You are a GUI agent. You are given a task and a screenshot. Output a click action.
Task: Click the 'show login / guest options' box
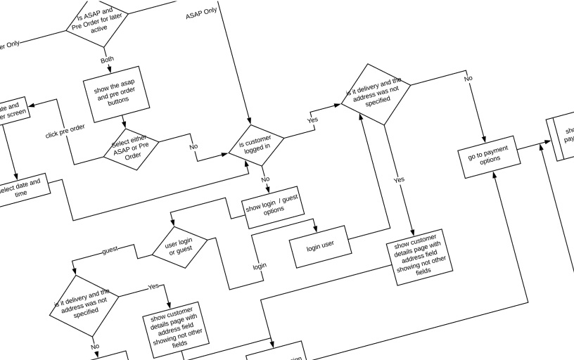click(272, 209)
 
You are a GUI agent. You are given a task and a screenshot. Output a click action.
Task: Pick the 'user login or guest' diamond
click(180, 246)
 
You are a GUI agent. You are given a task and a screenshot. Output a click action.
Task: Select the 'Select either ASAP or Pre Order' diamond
click(132, 149)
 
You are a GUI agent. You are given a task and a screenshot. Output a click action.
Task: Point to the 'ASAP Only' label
click(201, 15)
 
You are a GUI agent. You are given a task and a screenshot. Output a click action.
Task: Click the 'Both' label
click(107, 60)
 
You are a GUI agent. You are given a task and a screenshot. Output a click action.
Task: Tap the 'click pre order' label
click(65, 131)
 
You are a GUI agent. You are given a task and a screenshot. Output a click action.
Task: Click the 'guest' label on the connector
click(110, 250)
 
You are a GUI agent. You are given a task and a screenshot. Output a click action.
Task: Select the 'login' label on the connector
click(260, 266)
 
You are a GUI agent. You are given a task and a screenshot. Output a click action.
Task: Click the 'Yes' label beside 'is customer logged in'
click(313, 120)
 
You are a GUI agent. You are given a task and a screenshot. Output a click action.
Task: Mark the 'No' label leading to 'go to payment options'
click(468, 79)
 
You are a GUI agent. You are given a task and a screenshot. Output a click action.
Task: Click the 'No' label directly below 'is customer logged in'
click(265, 179)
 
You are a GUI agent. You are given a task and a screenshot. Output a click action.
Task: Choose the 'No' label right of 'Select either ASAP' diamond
click(193, 147)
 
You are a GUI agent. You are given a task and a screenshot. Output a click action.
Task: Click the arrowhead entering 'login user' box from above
click(315, 230)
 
